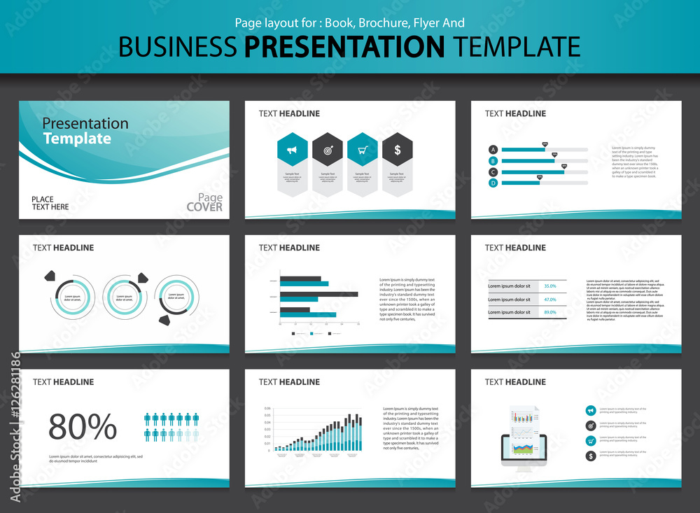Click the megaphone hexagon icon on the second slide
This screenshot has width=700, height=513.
[292, 149]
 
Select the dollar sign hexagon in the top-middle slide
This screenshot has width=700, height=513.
[398, 149]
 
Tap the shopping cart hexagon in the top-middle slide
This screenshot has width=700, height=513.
[363, 149]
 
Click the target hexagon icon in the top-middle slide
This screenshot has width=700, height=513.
[327, 149]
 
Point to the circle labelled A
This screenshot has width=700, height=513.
[493, 150]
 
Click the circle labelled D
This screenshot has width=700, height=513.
[493, 183]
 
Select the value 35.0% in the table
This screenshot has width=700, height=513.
[550, 286]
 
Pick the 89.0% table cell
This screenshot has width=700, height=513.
[550, 312]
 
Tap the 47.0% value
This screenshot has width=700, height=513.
[550, 300]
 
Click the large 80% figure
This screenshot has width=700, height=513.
[83, 426]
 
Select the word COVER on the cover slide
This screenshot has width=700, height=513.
[204, 207]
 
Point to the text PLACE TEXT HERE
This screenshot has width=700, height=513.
[50, 203]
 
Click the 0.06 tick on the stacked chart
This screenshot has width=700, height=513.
[267, 409]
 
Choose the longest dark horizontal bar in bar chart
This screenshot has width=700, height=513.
[319, 294]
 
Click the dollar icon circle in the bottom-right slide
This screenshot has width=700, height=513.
[591, 456]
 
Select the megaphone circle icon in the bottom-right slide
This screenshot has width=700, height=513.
[591, 410]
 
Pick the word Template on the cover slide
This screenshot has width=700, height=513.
[77, 139]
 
